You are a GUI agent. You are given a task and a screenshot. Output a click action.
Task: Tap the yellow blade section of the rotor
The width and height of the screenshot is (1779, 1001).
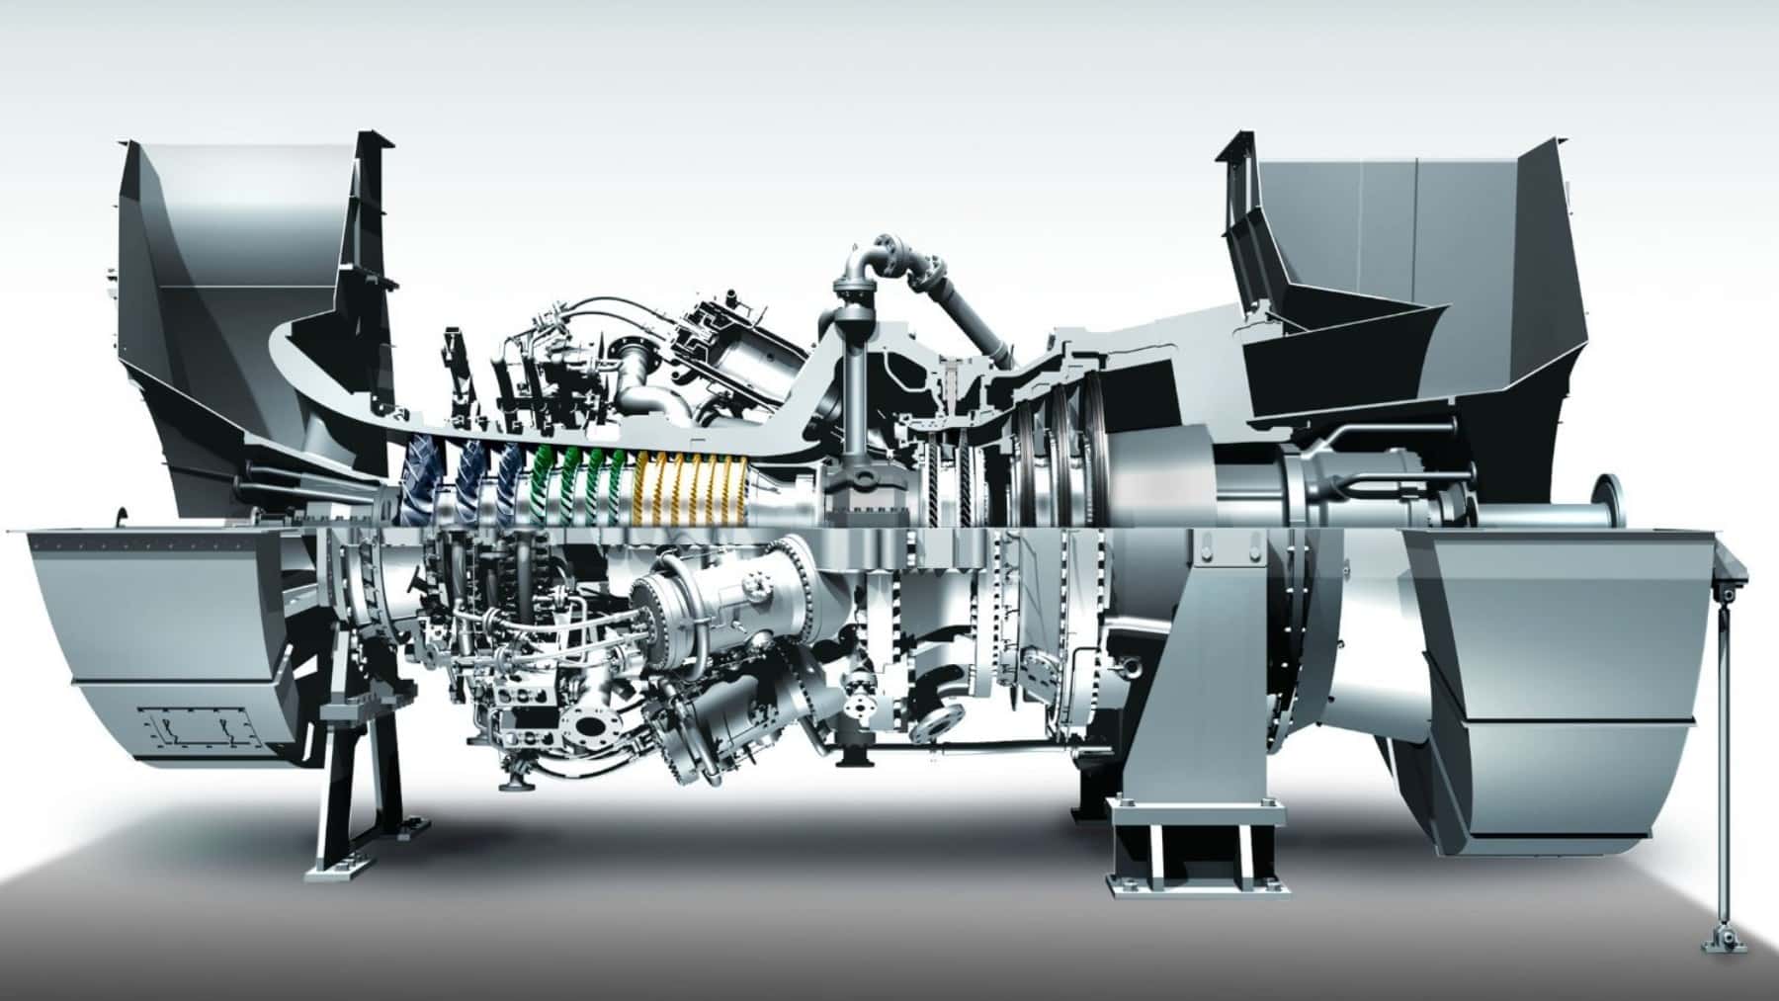pyautogui.click(x=692, y=488)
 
